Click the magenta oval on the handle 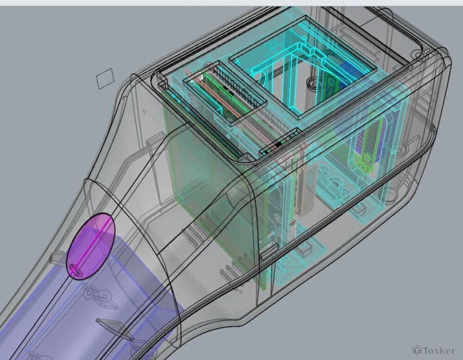(90, 246)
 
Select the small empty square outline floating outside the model (105, 79)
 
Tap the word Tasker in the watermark (439, 351)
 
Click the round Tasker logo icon (417, 350)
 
